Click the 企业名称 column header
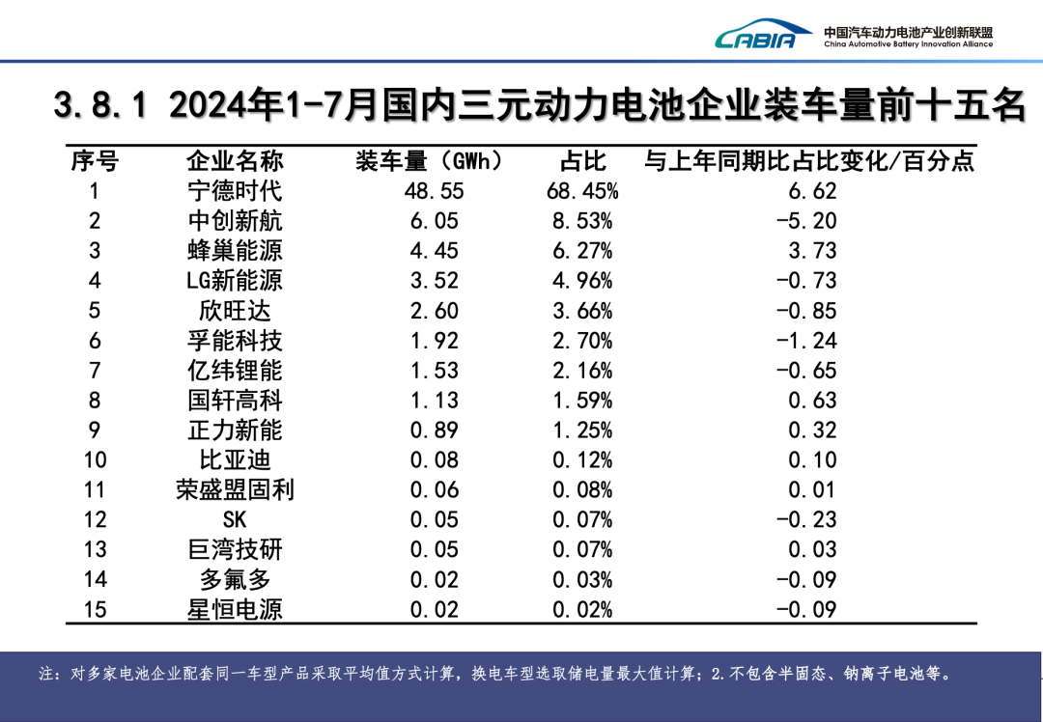235,161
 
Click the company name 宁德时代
235,191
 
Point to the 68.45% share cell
582,191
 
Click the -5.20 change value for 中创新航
806,221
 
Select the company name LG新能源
235,281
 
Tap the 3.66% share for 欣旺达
582,311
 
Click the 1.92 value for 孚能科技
434,341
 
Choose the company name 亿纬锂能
235,371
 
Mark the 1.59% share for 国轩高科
582,401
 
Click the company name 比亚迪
235,460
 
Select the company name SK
235,520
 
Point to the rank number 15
95,610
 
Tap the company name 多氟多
235,580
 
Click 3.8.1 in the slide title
100,105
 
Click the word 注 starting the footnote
46,674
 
